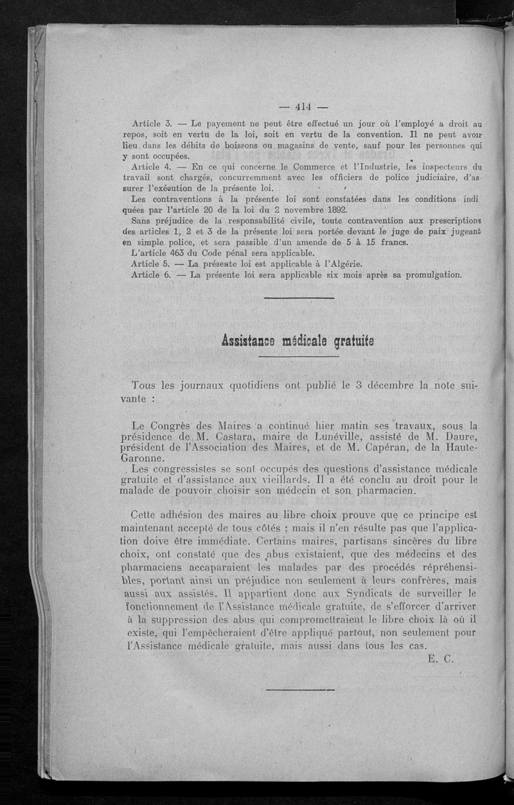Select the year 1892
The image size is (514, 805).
click(335, 210)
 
